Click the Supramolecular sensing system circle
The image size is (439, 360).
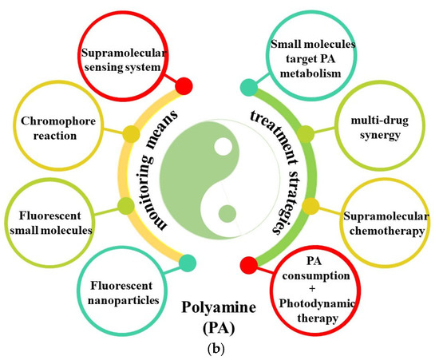(x=131, y=58)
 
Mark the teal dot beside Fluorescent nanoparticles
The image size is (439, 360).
(x=187, y=260)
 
